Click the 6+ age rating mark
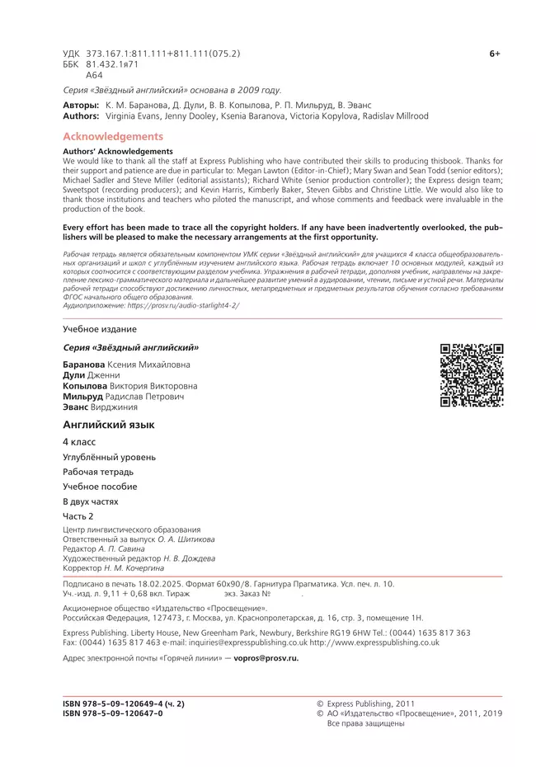pos(495,54)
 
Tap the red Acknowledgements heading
pos(113,136)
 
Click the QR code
pos(472,375)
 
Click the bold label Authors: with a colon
pos(81,116)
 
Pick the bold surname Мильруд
pos(83,396)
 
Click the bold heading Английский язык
pos(109,425)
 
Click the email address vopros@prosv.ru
pos(266,658)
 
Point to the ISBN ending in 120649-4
pos(124,703)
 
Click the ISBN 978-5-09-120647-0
pos(113,713)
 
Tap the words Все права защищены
pos(366,723)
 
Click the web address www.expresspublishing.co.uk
pos(386,642)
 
